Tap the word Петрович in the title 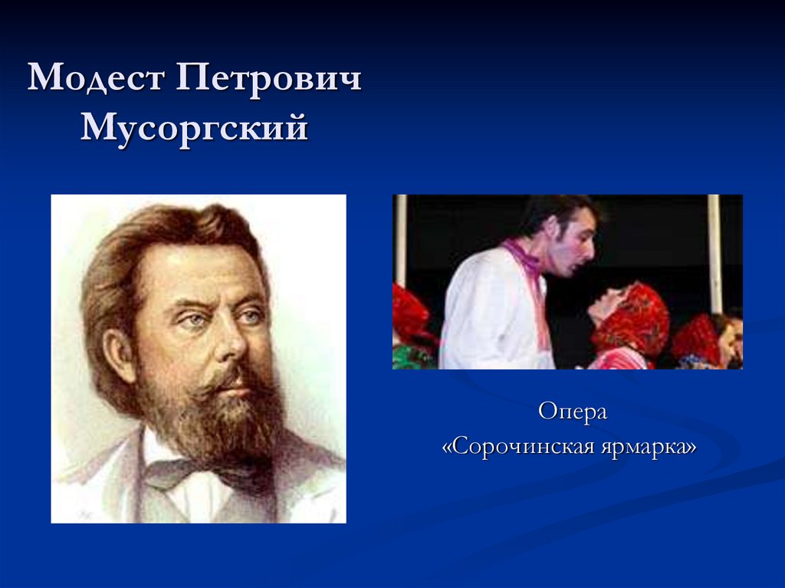(268, 80)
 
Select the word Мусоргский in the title (195, 126)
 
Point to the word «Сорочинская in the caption (517, 446)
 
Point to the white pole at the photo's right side (714, 253)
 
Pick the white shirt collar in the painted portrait (165, 452)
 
